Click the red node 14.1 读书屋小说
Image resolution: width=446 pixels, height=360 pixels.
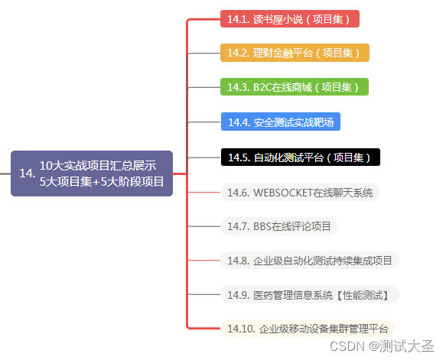(x=290, y=19)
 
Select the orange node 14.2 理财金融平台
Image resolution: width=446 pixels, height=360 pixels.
(x=295, y=53)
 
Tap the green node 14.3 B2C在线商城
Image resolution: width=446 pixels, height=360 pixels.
(x=295, y=87)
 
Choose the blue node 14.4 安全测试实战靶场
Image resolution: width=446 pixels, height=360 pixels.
(x=281, y=122)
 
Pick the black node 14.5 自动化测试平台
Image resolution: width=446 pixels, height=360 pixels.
(x=301, y=157)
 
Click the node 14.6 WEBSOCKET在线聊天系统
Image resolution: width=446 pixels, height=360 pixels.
(x=300, y=193)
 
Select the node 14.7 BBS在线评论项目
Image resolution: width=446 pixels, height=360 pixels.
(x=279, y=226)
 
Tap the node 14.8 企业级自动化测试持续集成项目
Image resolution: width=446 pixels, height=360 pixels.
(x=310, y=261)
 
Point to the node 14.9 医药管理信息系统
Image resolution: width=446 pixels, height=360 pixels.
(x=310, y=294)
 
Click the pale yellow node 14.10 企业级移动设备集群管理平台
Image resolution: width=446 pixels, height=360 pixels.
(x=308, y=329)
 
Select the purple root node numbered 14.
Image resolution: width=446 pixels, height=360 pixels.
(x=92, y=174)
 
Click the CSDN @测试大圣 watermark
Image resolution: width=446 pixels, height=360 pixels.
(x=382, y=346)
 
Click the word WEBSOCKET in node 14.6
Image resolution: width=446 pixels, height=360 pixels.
(x=283, y=193)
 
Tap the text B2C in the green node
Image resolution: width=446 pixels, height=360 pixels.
(x=262, y=87)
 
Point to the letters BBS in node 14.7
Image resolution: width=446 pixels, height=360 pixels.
(x=262, y=226)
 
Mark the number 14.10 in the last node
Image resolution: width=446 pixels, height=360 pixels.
(x=241, y=329)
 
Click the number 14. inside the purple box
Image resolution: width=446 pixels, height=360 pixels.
(x=28, y=174)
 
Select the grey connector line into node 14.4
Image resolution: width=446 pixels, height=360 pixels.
(x=204, y=122)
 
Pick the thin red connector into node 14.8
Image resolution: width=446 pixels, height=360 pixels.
(x=204, y=261)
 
